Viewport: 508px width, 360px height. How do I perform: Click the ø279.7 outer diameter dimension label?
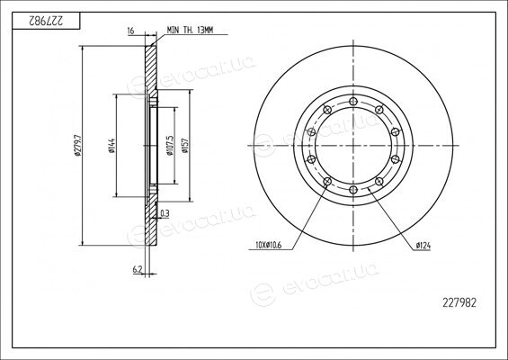78,145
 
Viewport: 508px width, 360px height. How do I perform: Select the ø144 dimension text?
112,145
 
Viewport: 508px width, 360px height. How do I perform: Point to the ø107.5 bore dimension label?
170,146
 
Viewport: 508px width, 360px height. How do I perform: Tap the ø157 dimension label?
185,145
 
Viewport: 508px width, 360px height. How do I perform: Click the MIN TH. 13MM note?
191,31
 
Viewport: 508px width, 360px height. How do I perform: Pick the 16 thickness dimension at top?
130,31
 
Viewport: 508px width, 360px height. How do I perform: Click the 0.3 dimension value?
165,213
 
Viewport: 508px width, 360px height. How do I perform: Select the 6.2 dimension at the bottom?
138,269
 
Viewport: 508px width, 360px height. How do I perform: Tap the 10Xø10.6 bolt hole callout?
269,245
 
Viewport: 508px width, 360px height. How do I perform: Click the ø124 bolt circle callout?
423,246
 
